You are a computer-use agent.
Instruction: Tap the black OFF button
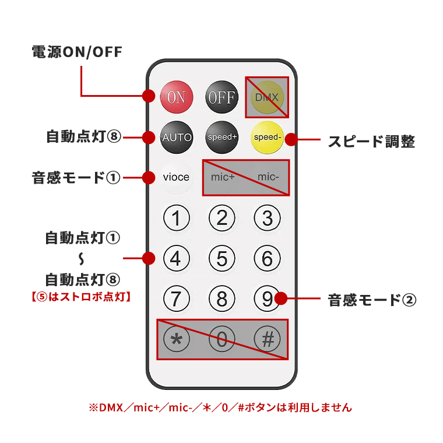pos(221,97)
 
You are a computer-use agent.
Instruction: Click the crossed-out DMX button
pos(266,97)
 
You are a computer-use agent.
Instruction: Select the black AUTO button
pos(176,138)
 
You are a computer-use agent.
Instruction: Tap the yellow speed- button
pos(266,138)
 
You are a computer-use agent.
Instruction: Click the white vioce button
pos(176,177)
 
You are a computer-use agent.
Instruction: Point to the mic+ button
pos(223,177)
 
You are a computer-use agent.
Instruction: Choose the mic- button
pos(269,177)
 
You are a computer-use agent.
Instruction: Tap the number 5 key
pos(221,258)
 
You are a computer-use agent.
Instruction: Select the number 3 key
pos(267,219)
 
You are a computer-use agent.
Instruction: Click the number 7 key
pos(176,298)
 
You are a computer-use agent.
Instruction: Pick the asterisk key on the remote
pos(176,339)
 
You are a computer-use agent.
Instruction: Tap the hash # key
pos(267,339)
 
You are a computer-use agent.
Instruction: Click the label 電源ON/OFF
pos(77,52)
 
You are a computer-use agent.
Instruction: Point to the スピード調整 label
pos(371,141)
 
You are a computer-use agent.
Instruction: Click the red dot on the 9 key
pos(282,299)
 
